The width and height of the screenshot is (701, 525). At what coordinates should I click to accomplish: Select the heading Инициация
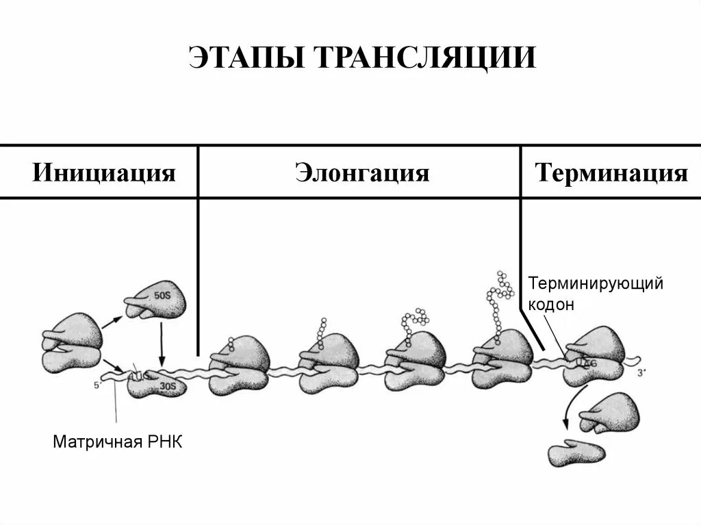pyautogui.click(x=104, y=172)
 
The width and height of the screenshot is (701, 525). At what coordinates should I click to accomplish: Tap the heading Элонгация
pyautogui.click(x=362, y=172)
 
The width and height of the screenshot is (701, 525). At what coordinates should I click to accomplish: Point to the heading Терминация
pyautogui.click(x=611, y=172)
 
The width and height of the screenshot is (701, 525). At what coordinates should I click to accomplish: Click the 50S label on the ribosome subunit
pyautogui.click(x=162, y=296)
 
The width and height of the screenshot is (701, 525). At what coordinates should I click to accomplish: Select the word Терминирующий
pyautogui.click(x=595, y=283)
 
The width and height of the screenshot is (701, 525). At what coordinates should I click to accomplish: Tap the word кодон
pyautogui.click(x=550, y=305)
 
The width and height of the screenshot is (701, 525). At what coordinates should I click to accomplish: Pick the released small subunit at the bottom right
pyautogui.click(x=576, y=452)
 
